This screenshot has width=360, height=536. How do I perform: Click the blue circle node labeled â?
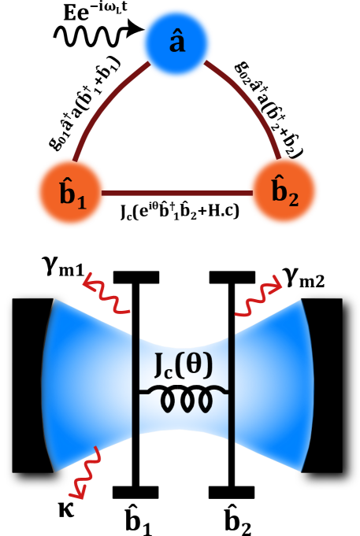[x=176, y=43]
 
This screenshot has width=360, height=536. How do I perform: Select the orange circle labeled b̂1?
[x=71, y=192]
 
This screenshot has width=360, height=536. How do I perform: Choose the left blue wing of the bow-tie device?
[x=87, y=386]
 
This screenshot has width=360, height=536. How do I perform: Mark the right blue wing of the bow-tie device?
[x=272, y=386]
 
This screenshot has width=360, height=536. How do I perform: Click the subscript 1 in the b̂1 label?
[x=81, y=199]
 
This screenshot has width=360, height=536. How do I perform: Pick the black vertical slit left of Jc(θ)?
[x=135, y=386]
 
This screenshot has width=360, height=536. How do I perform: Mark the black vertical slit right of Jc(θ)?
[x=232, y=386]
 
